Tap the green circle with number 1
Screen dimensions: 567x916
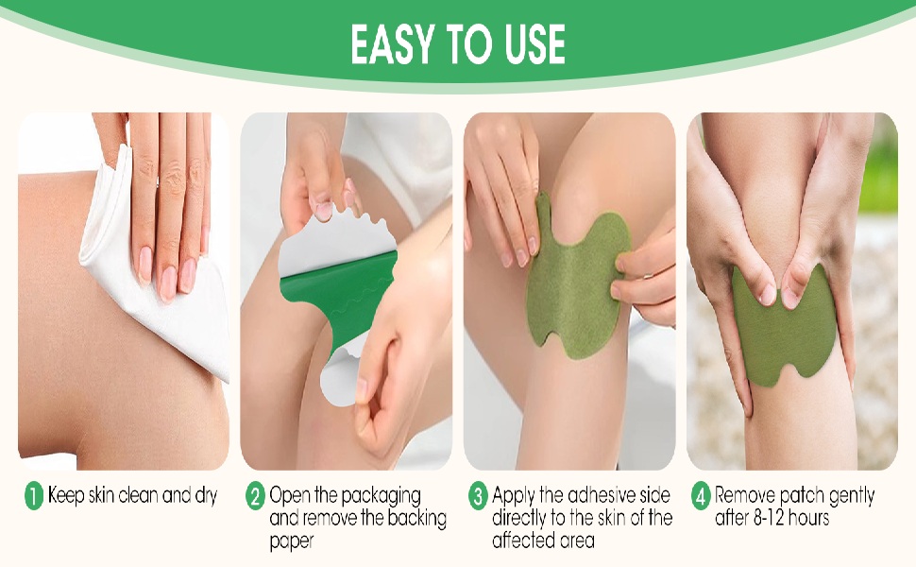[34, 496]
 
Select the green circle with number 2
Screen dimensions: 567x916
[256, 496]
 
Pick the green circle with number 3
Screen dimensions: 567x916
[478, 496]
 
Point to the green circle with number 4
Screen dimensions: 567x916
[701, 496]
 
